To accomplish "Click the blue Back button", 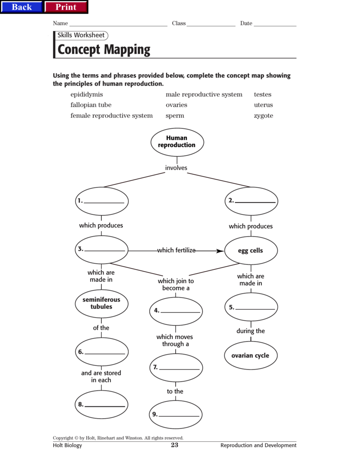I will [22, 7].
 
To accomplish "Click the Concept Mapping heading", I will [104, 49].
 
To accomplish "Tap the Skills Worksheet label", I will [81, 35].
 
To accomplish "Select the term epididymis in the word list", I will [86, 95].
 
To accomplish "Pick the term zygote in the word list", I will [264, 116].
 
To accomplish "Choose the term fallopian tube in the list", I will [91, 105].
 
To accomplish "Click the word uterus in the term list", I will [264, 105].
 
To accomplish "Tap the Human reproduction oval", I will [177, 142].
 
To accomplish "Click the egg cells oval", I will [251, 250].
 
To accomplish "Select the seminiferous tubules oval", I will [101, 304].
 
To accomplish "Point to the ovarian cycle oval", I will [251, 355].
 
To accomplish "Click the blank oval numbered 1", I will [101, 201].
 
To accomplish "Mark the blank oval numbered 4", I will [176, 311].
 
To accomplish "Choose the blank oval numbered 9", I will [175, 414].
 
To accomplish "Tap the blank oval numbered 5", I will [251, 307].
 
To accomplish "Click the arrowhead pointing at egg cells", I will [220, 251].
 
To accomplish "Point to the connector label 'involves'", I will [176, 168].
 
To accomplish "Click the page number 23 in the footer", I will [175, 445].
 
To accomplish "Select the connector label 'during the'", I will [250, 331].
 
